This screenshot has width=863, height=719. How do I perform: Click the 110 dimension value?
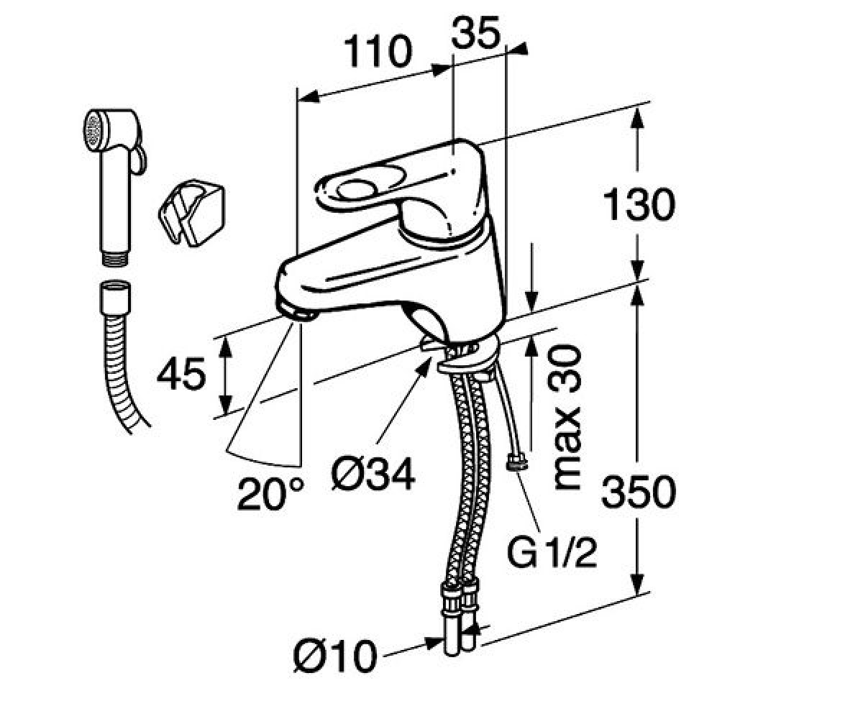coord(378,51)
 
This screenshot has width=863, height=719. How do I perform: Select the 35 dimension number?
coord(475,34)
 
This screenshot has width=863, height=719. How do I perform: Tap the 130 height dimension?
coord(639,204)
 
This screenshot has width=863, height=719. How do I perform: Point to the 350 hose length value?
coord(639,492)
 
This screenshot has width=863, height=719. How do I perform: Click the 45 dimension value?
coord(181,374)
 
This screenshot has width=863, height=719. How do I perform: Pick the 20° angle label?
coord(270,494)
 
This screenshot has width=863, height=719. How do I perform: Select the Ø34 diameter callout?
coord(373,474)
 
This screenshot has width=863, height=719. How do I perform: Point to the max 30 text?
coord(568,417)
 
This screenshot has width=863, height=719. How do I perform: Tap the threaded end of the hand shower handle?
coord(115,257)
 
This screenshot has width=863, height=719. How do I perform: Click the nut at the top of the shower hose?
coord(116,298)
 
